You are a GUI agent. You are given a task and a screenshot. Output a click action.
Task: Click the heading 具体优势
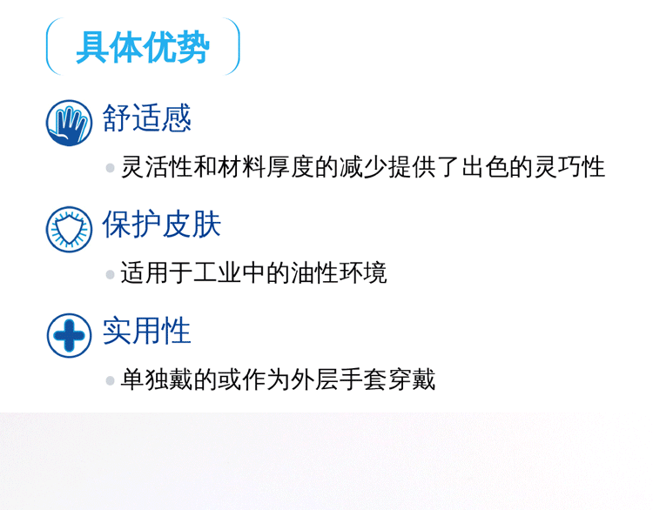coord(142,48)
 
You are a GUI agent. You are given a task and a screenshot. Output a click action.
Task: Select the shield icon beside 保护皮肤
coord(69,228)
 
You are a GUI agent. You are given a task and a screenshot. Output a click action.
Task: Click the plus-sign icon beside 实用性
coord(69,335)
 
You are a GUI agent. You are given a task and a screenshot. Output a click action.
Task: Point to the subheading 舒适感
coord(145,118)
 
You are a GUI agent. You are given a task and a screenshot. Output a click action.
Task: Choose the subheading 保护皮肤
coord(161,225)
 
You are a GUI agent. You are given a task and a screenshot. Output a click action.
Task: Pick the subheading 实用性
coord(145,332)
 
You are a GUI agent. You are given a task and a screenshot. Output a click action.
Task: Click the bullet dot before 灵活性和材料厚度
coord(110,168)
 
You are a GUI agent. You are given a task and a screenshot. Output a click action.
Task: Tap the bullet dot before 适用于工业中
coord(110,274)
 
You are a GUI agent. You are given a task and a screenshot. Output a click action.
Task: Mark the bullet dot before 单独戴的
coord(110,381)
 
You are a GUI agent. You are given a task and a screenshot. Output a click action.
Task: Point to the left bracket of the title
coord(50,48)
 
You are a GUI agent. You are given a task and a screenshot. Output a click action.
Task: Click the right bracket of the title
coord(233,48)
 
